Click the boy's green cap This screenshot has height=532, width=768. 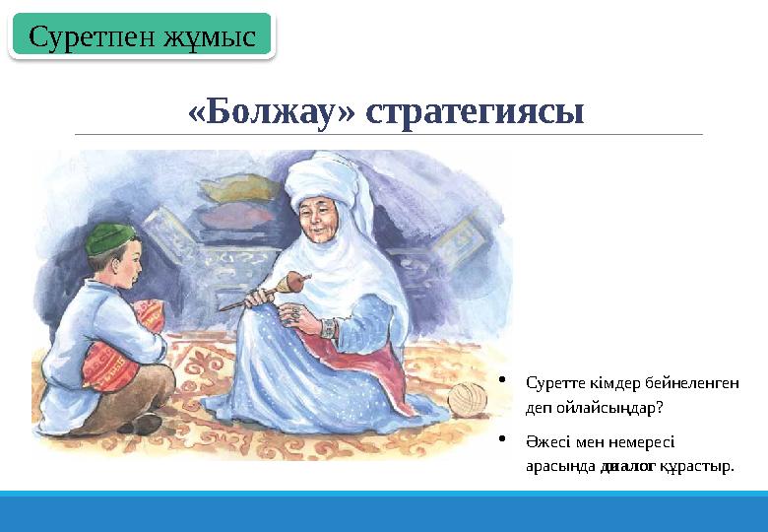pyautogui.click(x=108, y=237)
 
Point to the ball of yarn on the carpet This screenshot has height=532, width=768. pyautogui.click(x=468, y=399)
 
